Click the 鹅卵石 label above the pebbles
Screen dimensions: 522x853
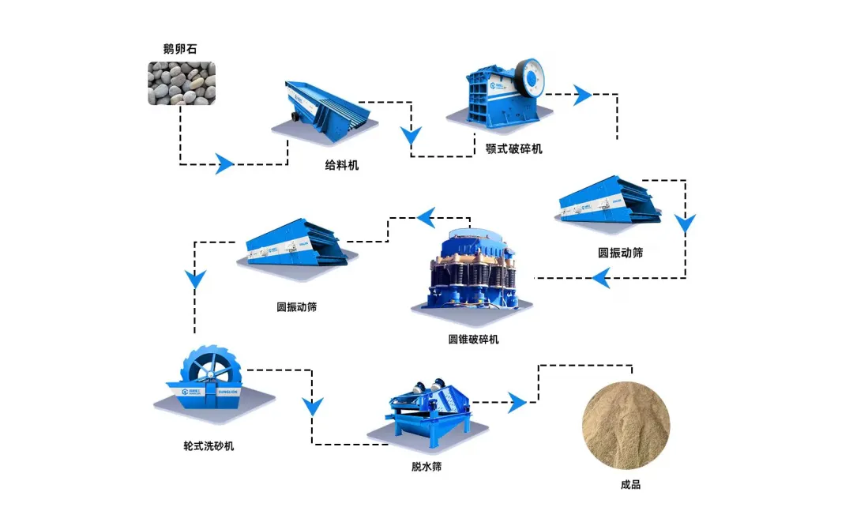pyautogui.click(x=180, y=50)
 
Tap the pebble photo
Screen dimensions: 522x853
pyautogui.click(x=181, y=84)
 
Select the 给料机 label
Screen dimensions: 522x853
pyautogui.click(x=341, y=165)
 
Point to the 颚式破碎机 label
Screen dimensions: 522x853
pyautogui.click(x=514, y=148)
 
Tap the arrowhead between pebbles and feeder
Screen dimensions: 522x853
pyautogui.click(x=225, y=164)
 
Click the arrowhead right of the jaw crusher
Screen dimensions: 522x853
pyautogui.click(x=583, y=95)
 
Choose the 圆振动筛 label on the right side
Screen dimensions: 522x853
pyautogui.click(x=620, y=253)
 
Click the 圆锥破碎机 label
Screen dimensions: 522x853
pyautogui.click(x=473, y=340)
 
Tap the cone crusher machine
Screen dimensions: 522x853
pyautogui.click(x=471, y=272)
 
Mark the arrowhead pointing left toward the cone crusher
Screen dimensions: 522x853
pyautogui.click(x=602, y=277)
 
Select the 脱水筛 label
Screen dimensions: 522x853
pyautogui.click(x=426, y=467)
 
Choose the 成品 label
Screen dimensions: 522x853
pyautogui.click(x=630, y=484)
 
